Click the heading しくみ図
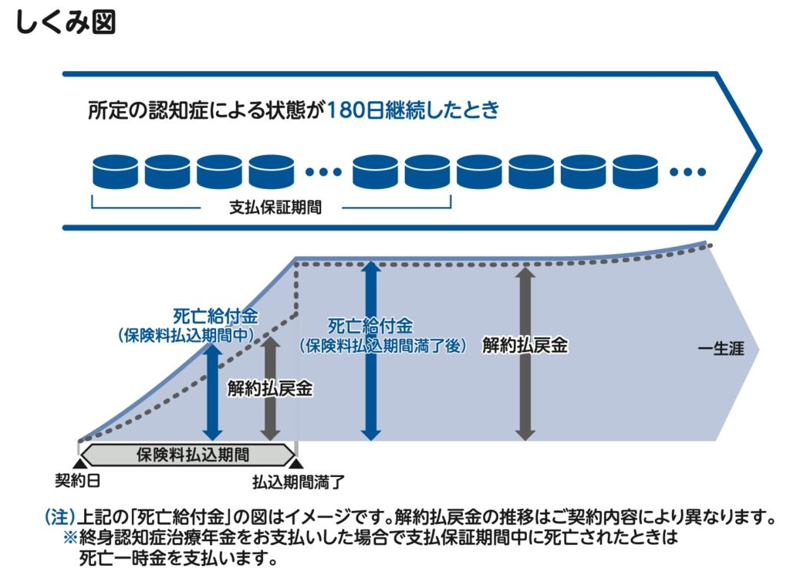pos(65,22)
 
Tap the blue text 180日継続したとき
pos(413,110)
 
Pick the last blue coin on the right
pos(636,171)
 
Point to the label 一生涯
pos(720,349)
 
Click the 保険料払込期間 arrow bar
pos(188,454)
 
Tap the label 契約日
pos(78,482)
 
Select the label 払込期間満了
pos(298,482)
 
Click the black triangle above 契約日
pos(79,462)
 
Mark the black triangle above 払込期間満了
pos(297,462)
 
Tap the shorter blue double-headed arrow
pos(213,391)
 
